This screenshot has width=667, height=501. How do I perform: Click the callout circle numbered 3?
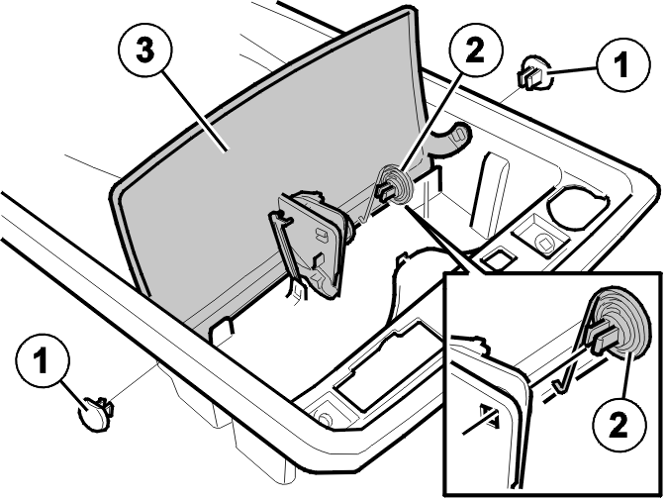145,50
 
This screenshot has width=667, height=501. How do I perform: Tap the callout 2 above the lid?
475,50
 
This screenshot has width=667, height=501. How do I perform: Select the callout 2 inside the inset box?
619,424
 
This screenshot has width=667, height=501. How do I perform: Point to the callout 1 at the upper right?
623,63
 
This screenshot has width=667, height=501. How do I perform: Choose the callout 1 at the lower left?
43,360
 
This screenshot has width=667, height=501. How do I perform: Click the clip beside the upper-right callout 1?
533,73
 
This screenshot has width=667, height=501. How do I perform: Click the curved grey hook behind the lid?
451,138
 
